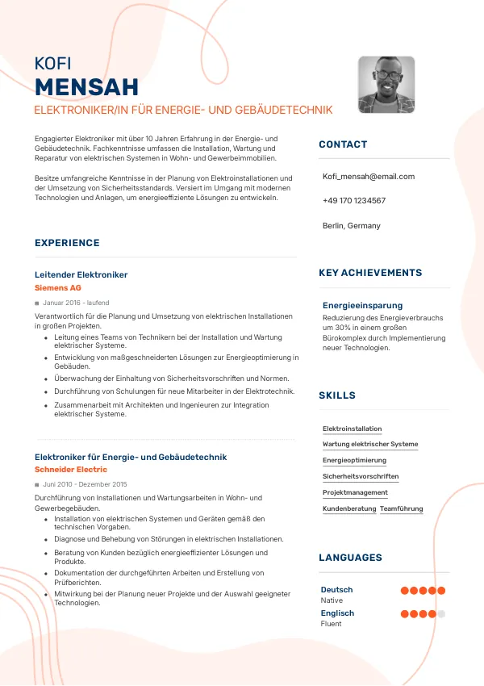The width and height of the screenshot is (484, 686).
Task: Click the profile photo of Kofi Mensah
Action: (x=386, y=85)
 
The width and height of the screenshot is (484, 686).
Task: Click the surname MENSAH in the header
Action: (x=87, y=87)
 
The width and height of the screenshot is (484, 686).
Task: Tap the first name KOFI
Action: (x=53, y=64)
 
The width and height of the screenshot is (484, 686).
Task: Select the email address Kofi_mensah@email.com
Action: (x=368, y=176)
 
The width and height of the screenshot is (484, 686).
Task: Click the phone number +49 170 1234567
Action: (x=353, y=200)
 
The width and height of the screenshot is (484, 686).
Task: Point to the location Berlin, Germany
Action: (x=351, y=225)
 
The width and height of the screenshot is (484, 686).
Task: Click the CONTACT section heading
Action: (x=343, y=144)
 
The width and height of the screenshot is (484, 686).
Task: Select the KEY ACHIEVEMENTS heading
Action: (x=370, y=273)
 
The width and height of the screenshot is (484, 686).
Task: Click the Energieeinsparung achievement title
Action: (x=362, y=305)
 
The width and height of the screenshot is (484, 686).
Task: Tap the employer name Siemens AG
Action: (x=58, y=287)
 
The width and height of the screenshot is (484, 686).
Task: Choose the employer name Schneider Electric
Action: (x=71, y=469)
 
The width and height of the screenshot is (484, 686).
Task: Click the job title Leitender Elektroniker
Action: (x=81, y=274)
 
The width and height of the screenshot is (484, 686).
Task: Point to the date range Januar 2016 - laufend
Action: (x=76, y=303)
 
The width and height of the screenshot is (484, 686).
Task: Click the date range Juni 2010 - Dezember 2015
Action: (x=85, y=484)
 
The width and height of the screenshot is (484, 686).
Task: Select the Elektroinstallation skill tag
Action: (x=352, y=429)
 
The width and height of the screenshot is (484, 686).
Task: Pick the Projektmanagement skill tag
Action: (x=355, y=492)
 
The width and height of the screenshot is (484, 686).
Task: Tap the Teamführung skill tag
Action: (x=401, y=508)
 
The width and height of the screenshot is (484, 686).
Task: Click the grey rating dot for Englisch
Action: (x=441, y=614)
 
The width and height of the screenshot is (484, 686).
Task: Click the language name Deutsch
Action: (x=336, y=589)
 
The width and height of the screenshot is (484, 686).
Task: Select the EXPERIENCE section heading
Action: (x=67, y=243)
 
